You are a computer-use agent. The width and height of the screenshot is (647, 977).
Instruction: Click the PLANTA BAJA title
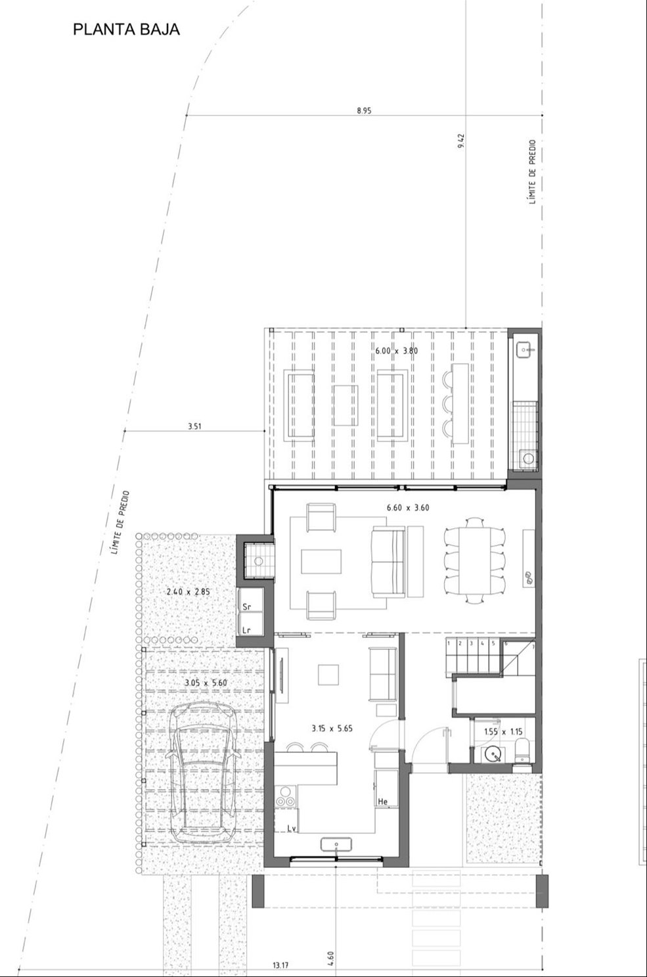pos(126,29)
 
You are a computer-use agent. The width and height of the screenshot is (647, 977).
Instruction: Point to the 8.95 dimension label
pos(364,110)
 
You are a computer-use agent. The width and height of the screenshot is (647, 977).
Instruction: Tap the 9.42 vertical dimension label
pos(461,140)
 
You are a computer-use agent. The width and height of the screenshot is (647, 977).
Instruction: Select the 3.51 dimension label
pos(194,426)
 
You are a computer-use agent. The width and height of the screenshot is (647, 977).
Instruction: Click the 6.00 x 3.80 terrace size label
pos(396,350)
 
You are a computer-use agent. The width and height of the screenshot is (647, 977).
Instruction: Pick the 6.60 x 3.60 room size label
pos(408,507)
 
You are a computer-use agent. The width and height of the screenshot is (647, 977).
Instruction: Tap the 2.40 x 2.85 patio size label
pos(189,592)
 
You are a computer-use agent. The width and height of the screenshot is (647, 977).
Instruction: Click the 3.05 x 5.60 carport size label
pos(206,683)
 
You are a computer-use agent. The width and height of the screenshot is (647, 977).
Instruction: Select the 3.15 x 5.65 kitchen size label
pos(332,728)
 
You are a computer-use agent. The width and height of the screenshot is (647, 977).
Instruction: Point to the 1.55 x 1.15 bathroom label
pos(503,732)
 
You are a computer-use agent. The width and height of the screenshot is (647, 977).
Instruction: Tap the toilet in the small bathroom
pos(522,750)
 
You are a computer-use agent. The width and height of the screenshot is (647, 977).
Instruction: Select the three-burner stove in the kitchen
pos(286,796)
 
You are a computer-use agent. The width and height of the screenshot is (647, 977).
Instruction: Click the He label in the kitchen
pos(383,802)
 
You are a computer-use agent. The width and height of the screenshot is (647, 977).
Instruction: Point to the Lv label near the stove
pos(292,828)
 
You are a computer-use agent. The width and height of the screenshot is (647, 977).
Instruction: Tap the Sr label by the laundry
pos(247,606)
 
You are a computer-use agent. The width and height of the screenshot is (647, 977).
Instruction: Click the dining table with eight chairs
pos(474,560)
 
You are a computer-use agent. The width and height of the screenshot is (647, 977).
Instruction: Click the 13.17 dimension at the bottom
pos(280,965)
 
